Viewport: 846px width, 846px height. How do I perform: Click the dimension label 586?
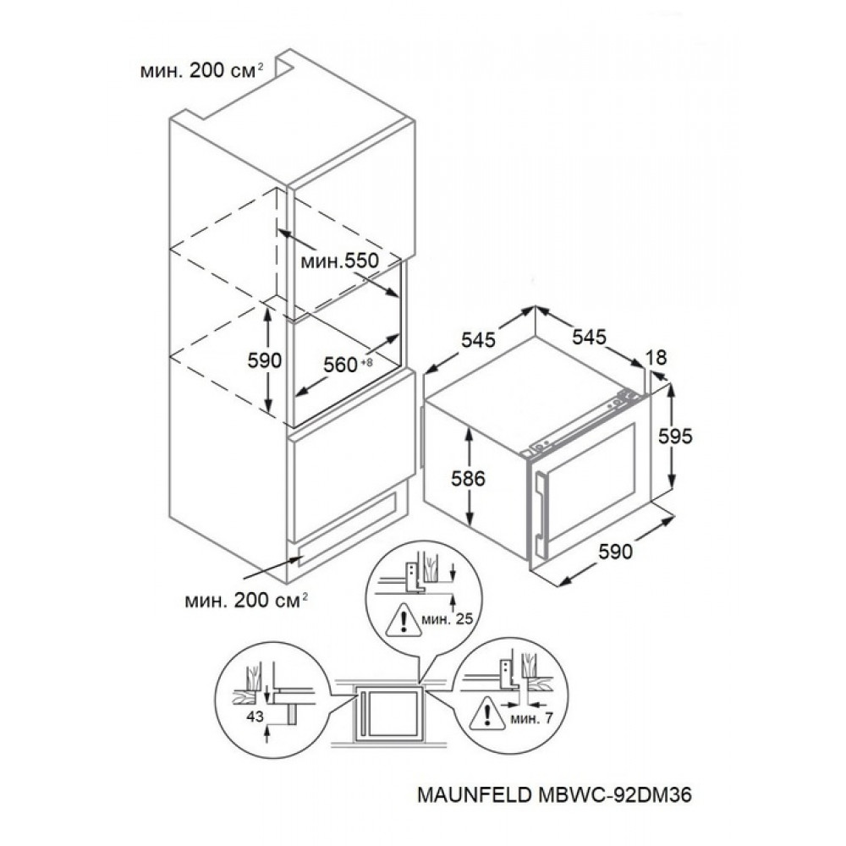469,478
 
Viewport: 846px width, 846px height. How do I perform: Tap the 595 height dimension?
675,436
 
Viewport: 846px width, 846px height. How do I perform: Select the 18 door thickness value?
656,357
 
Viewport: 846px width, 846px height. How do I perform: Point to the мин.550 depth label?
340,261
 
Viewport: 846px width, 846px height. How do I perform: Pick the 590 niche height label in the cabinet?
264,360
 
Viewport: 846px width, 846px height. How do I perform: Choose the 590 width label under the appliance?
616,552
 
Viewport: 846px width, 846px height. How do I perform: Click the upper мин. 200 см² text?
202,71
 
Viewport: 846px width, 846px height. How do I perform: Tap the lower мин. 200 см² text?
246,601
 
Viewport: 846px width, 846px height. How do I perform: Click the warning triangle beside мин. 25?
403,620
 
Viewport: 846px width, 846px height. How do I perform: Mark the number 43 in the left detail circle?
255,717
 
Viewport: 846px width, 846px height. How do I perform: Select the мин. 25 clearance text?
448,619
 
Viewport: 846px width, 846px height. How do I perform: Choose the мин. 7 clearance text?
531,718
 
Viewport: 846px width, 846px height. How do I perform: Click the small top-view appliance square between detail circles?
387,712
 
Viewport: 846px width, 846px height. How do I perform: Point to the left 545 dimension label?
478,339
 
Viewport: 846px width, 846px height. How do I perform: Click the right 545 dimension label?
589,337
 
